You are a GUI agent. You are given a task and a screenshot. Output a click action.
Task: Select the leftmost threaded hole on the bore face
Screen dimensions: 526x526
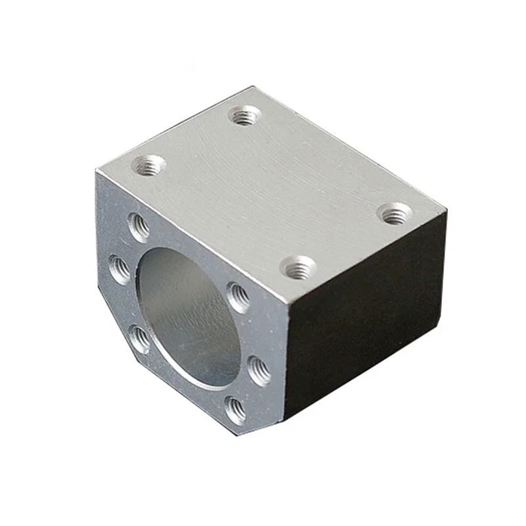(119, 268)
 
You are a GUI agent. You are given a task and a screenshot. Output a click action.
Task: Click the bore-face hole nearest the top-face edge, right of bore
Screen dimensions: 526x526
(238, 297)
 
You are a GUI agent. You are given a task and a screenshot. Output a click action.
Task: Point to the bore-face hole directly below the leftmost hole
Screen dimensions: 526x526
(140, 339)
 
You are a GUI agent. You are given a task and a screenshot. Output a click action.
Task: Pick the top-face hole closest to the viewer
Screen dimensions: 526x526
(298, 267)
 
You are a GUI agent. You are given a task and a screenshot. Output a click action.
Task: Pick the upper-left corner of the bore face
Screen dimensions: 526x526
(97, 172)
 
